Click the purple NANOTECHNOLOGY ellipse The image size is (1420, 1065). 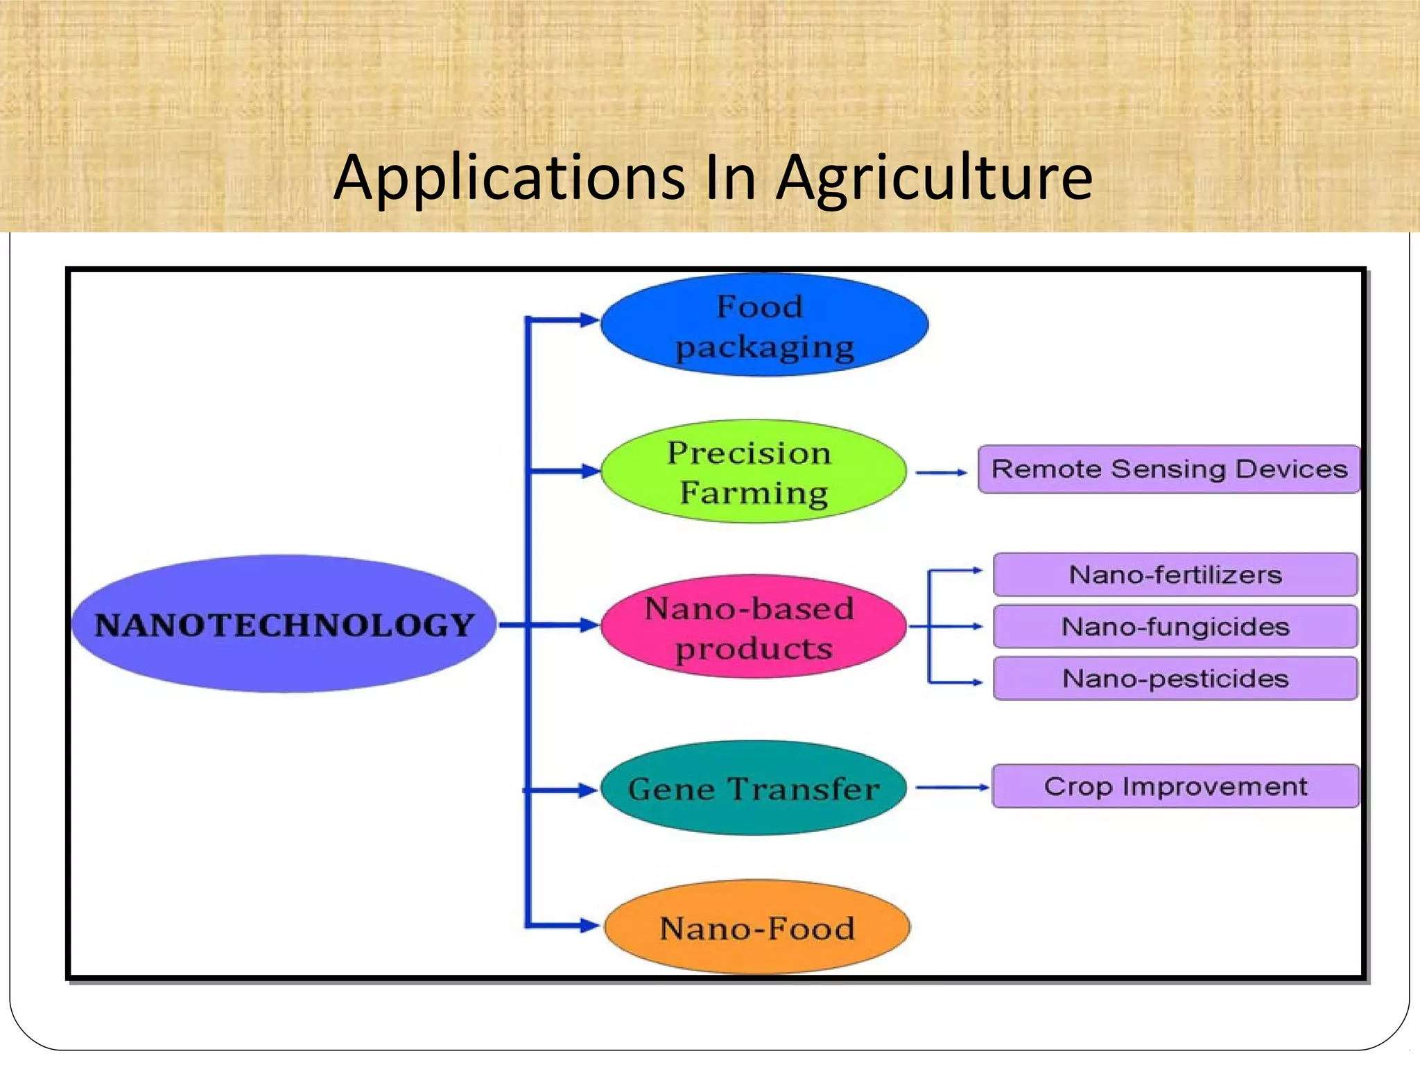284,624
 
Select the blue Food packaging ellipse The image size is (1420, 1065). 764,325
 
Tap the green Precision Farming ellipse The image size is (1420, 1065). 753,471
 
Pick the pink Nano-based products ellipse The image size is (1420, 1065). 753,627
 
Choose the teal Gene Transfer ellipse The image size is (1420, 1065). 753,788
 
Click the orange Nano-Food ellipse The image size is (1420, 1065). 757,928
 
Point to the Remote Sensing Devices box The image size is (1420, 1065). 1169,469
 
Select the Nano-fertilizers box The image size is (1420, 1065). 1175,575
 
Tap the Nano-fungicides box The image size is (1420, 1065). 1175,627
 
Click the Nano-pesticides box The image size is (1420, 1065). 1175,679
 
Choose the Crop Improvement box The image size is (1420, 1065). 1175,786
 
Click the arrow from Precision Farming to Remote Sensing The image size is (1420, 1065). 941,472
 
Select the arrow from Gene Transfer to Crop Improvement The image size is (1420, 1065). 952,788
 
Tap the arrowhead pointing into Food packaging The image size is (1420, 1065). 589,320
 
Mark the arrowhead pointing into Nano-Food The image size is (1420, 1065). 589,925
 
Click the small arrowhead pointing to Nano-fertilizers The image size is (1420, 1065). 978,571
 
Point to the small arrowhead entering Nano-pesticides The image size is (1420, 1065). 978,682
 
